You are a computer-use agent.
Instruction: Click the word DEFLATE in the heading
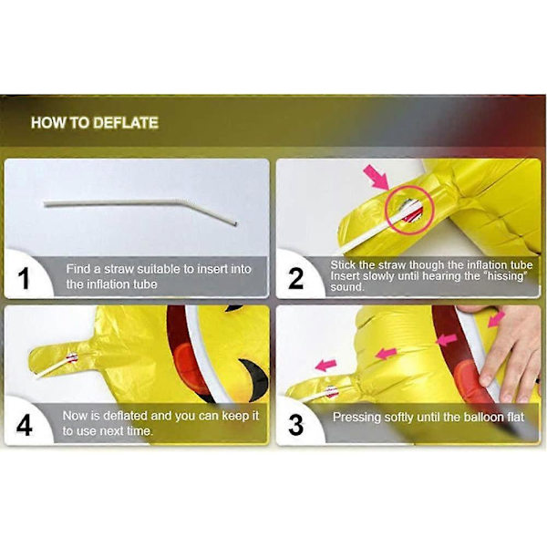(126, 123)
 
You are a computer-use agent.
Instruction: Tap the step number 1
(24, 279)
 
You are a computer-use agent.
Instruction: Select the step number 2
(295, 279)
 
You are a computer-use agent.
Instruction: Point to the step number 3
(295, 425)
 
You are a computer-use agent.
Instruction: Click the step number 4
(24, 425)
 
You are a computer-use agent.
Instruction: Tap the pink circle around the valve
(409, 210)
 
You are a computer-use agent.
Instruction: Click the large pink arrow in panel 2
(376, 178)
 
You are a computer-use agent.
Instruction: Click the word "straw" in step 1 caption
(119, 269)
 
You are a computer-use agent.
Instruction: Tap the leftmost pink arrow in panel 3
(325, 366)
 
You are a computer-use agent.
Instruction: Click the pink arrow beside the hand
(496, 319)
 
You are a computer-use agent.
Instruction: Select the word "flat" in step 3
(516, 418)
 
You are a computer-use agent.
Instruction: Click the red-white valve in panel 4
(72, 357)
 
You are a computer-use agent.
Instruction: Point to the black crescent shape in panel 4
(257, 378)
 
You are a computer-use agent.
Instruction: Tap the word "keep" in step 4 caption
(236, 417)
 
